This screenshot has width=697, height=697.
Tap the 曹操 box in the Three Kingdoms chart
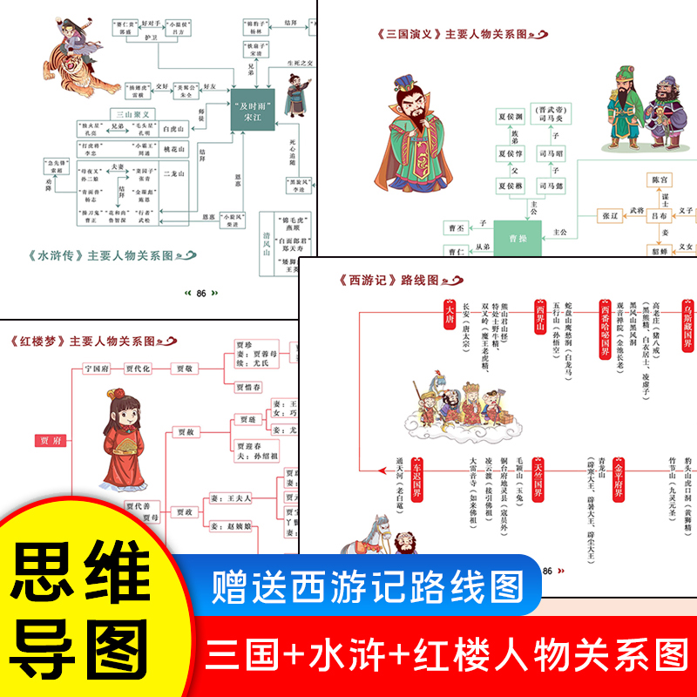click(518, 235)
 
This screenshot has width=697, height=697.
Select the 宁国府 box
click(97, 369)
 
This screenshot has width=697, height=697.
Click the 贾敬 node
click(186, 369)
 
